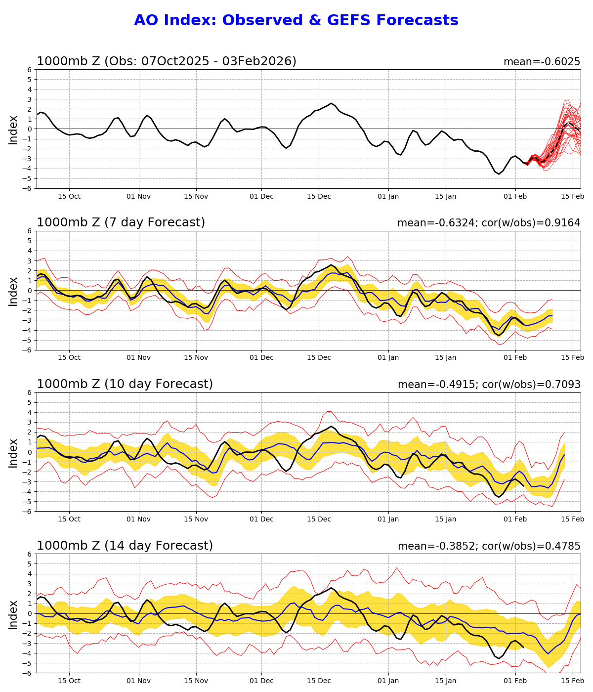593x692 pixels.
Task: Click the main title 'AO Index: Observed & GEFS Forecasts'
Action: (296, 20)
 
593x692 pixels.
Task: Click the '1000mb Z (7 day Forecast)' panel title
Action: (121, 222)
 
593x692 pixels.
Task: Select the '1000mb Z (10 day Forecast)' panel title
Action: (125, 384)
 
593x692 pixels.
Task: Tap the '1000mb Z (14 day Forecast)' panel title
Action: (125, 546)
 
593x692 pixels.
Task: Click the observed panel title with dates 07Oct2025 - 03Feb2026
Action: (167, 61)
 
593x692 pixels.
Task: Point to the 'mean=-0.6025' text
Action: (542, 62)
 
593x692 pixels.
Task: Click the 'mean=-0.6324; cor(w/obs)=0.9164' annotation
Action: (489, 223)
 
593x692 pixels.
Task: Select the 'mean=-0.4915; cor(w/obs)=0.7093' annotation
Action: (489, 385)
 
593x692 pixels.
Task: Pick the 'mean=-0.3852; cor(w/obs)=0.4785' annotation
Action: (489, 546)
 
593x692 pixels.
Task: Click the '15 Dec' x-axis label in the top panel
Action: (319, 196)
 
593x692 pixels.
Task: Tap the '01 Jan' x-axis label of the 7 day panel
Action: (388, 357)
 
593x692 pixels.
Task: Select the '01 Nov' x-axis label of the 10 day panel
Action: (138, 519)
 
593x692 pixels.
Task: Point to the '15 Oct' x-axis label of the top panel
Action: (69, 196)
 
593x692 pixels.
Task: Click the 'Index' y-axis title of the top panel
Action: (13, 130)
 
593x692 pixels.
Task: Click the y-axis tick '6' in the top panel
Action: (30, 70)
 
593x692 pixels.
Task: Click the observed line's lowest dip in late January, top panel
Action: (499, 173)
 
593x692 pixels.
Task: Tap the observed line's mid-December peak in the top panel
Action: (331, 103)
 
